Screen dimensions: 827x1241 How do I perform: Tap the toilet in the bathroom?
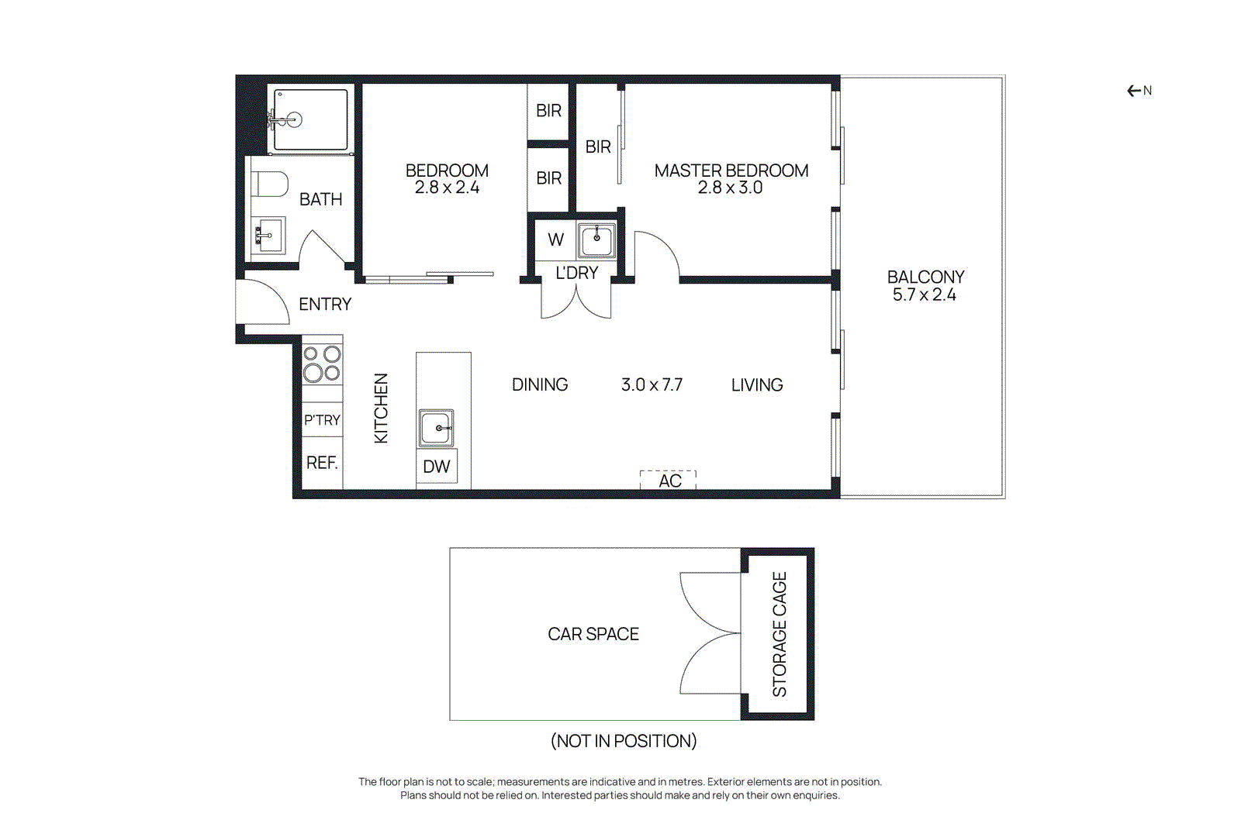click(x=269, y=184)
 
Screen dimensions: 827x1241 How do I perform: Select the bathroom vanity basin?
click(x=268, y=235)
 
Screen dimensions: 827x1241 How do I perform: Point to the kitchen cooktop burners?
click(x=322, y=364)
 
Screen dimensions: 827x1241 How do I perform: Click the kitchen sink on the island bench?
click(x=436, y=428)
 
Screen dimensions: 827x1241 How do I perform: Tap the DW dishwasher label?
click(x=436, y=467)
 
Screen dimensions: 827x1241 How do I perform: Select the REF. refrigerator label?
click(x=322, y=463)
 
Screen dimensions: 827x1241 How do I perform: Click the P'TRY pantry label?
click(x=322, y=420)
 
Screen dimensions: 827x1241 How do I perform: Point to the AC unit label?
click(x=669, y=481)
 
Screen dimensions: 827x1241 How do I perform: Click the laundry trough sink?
click(x=596, y=239)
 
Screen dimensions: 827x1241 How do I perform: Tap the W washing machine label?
click(x=555, y=239)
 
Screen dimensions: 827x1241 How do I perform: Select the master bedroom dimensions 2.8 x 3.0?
click(x=730, y=188)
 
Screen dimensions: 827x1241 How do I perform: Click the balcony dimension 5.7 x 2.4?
click(x=924, y=295)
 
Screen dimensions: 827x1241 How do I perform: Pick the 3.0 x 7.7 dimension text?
click(x=652, y=384)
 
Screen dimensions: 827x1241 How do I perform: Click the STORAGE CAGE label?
click(x=780, y=634)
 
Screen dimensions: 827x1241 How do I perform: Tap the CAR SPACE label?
click(x=593, y=634)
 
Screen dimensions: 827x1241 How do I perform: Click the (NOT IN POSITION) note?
click(x=624, y=741)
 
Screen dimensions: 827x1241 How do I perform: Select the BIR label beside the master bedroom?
click(x=598, y=146)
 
